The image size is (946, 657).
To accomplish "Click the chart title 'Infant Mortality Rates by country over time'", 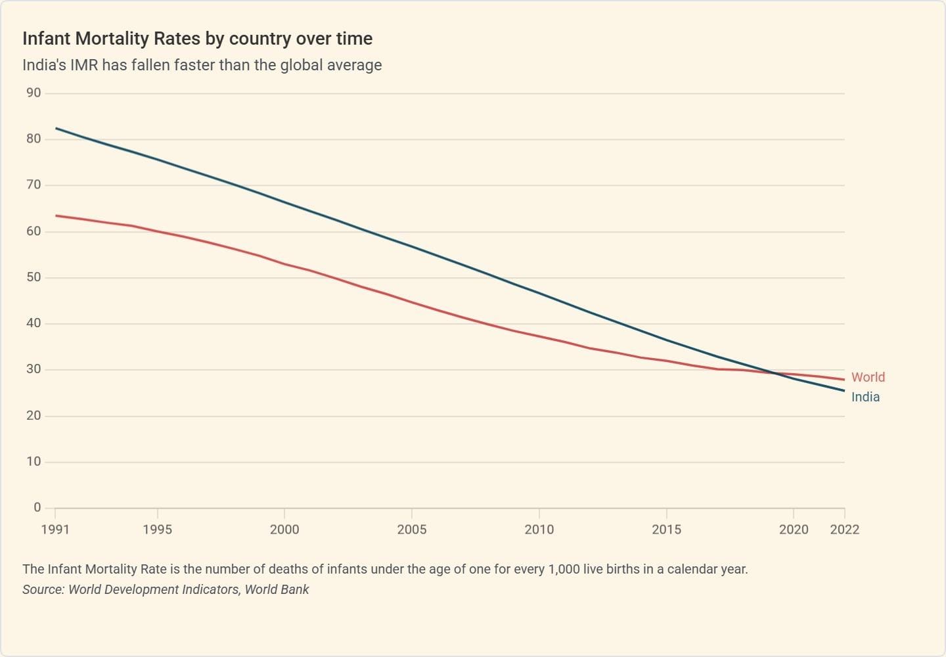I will (x=197, y=39).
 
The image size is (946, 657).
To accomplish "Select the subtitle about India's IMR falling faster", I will (x=202, y=65).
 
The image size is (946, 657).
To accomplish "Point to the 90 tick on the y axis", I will (x=34, y=93).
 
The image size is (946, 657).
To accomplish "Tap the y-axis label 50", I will (x=34, y=277).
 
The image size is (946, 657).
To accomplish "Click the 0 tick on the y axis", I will (x=37, y=507).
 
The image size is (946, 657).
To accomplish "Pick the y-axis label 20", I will (x=34, y=415).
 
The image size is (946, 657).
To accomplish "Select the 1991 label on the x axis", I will (x=55, y=530).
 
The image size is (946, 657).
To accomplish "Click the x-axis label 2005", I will (x=412, y=530).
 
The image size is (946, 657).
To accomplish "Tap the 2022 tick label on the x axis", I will (x=844, y=530).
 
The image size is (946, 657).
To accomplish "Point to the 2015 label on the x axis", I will (x=666, y=530).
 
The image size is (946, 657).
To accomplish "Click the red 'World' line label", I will (x=868, y=377).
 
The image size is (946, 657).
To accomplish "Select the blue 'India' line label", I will (x=865, y=397).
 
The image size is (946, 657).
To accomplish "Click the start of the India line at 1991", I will (x=55, y=128).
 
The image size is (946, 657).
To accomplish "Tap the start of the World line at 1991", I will (x=55, y=215).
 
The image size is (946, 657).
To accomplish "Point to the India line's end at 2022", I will (x=844, y=391).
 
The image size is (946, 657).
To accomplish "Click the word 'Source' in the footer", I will (x=43, y=589).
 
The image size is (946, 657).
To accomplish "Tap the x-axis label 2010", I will (x=539, y=530).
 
